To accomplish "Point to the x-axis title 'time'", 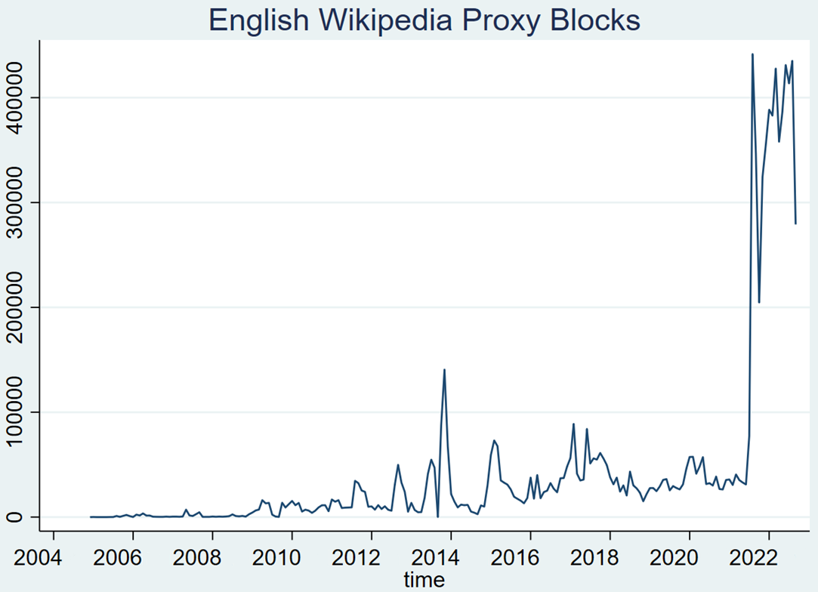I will [424, 580].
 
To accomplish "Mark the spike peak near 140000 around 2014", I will [444, 369].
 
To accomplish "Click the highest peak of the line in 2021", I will [752, 54].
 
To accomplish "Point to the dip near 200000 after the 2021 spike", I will [759, 302].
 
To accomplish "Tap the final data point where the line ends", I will [795, 224].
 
